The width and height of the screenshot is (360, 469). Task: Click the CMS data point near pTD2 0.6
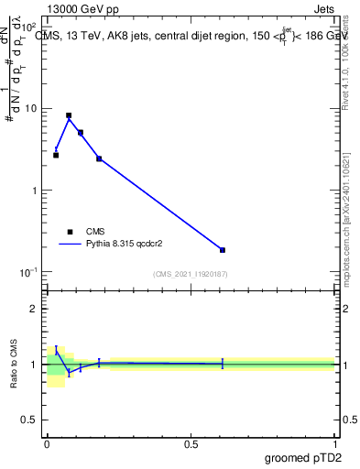pyautogui.click(x=223, y=250)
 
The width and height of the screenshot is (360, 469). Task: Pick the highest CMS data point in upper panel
pyautogui.click(x=69, y=115)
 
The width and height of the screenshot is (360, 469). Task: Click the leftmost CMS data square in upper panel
pyautogui.click(x=56, y=155)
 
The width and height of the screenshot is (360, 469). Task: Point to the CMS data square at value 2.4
pyautogui.click(x=99, y=158)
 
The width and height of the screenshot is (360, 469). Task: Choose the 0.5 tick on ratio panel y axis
pyautogui.click(x=31, y=421)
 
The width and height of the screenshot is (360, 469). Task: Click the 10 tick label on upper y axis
pyautogui.click(x=29, y=109)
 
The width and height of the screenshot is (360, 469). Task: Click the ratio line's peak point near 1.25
pyautogui.click(x=56, y=350)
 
